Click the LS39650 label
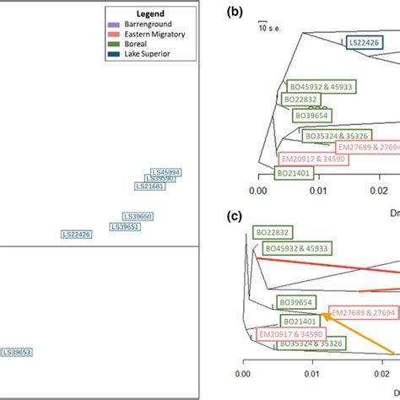click(138, 216)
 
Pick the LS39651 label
click(126, 226)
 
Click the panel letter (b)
click(235, 11)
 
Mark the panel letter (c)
click(235, 216)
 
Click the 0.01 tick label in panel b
click(318, 192)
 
